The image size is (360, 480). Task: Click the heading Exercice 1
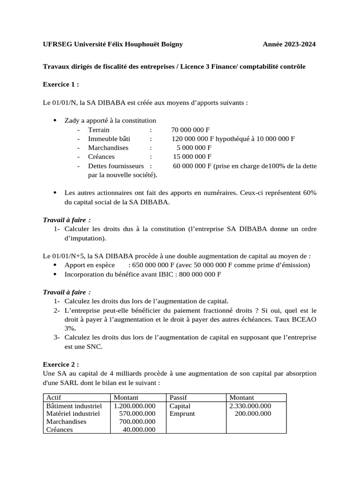[x=61, y=84]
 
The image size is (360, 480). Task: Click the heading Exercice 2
[x=61, y=364]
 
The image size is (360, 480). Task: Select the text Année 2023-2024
[x=289, y=45]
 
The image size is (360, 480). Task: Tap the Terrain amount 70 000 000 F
[x=190, y=130]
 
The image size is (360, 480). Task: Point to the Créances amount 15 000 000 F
[x=192, y=157]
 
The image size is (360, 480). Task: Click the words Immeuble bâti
[x=109, y=139]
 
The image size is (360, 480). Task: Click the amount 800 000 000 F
[x=199, y=274]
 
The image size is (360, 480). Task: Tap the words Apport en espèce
[x=90, y=265]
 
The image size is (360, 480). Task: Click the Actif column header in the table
[x=54, y=397]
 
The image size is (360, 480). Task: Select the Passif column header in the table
[x=178, y=397]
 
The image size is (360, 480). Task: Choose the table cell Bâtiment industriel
[x=74, y=406]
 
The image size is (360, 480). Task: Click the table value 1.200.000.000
[x=135, y=406]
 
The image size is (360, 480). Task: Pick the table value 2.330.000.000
[x=250, y=406]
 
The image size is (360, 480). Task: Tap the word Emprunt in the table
[x=182, y=414]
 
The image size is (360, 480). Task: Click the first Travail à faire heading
[x=67, y=220]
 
